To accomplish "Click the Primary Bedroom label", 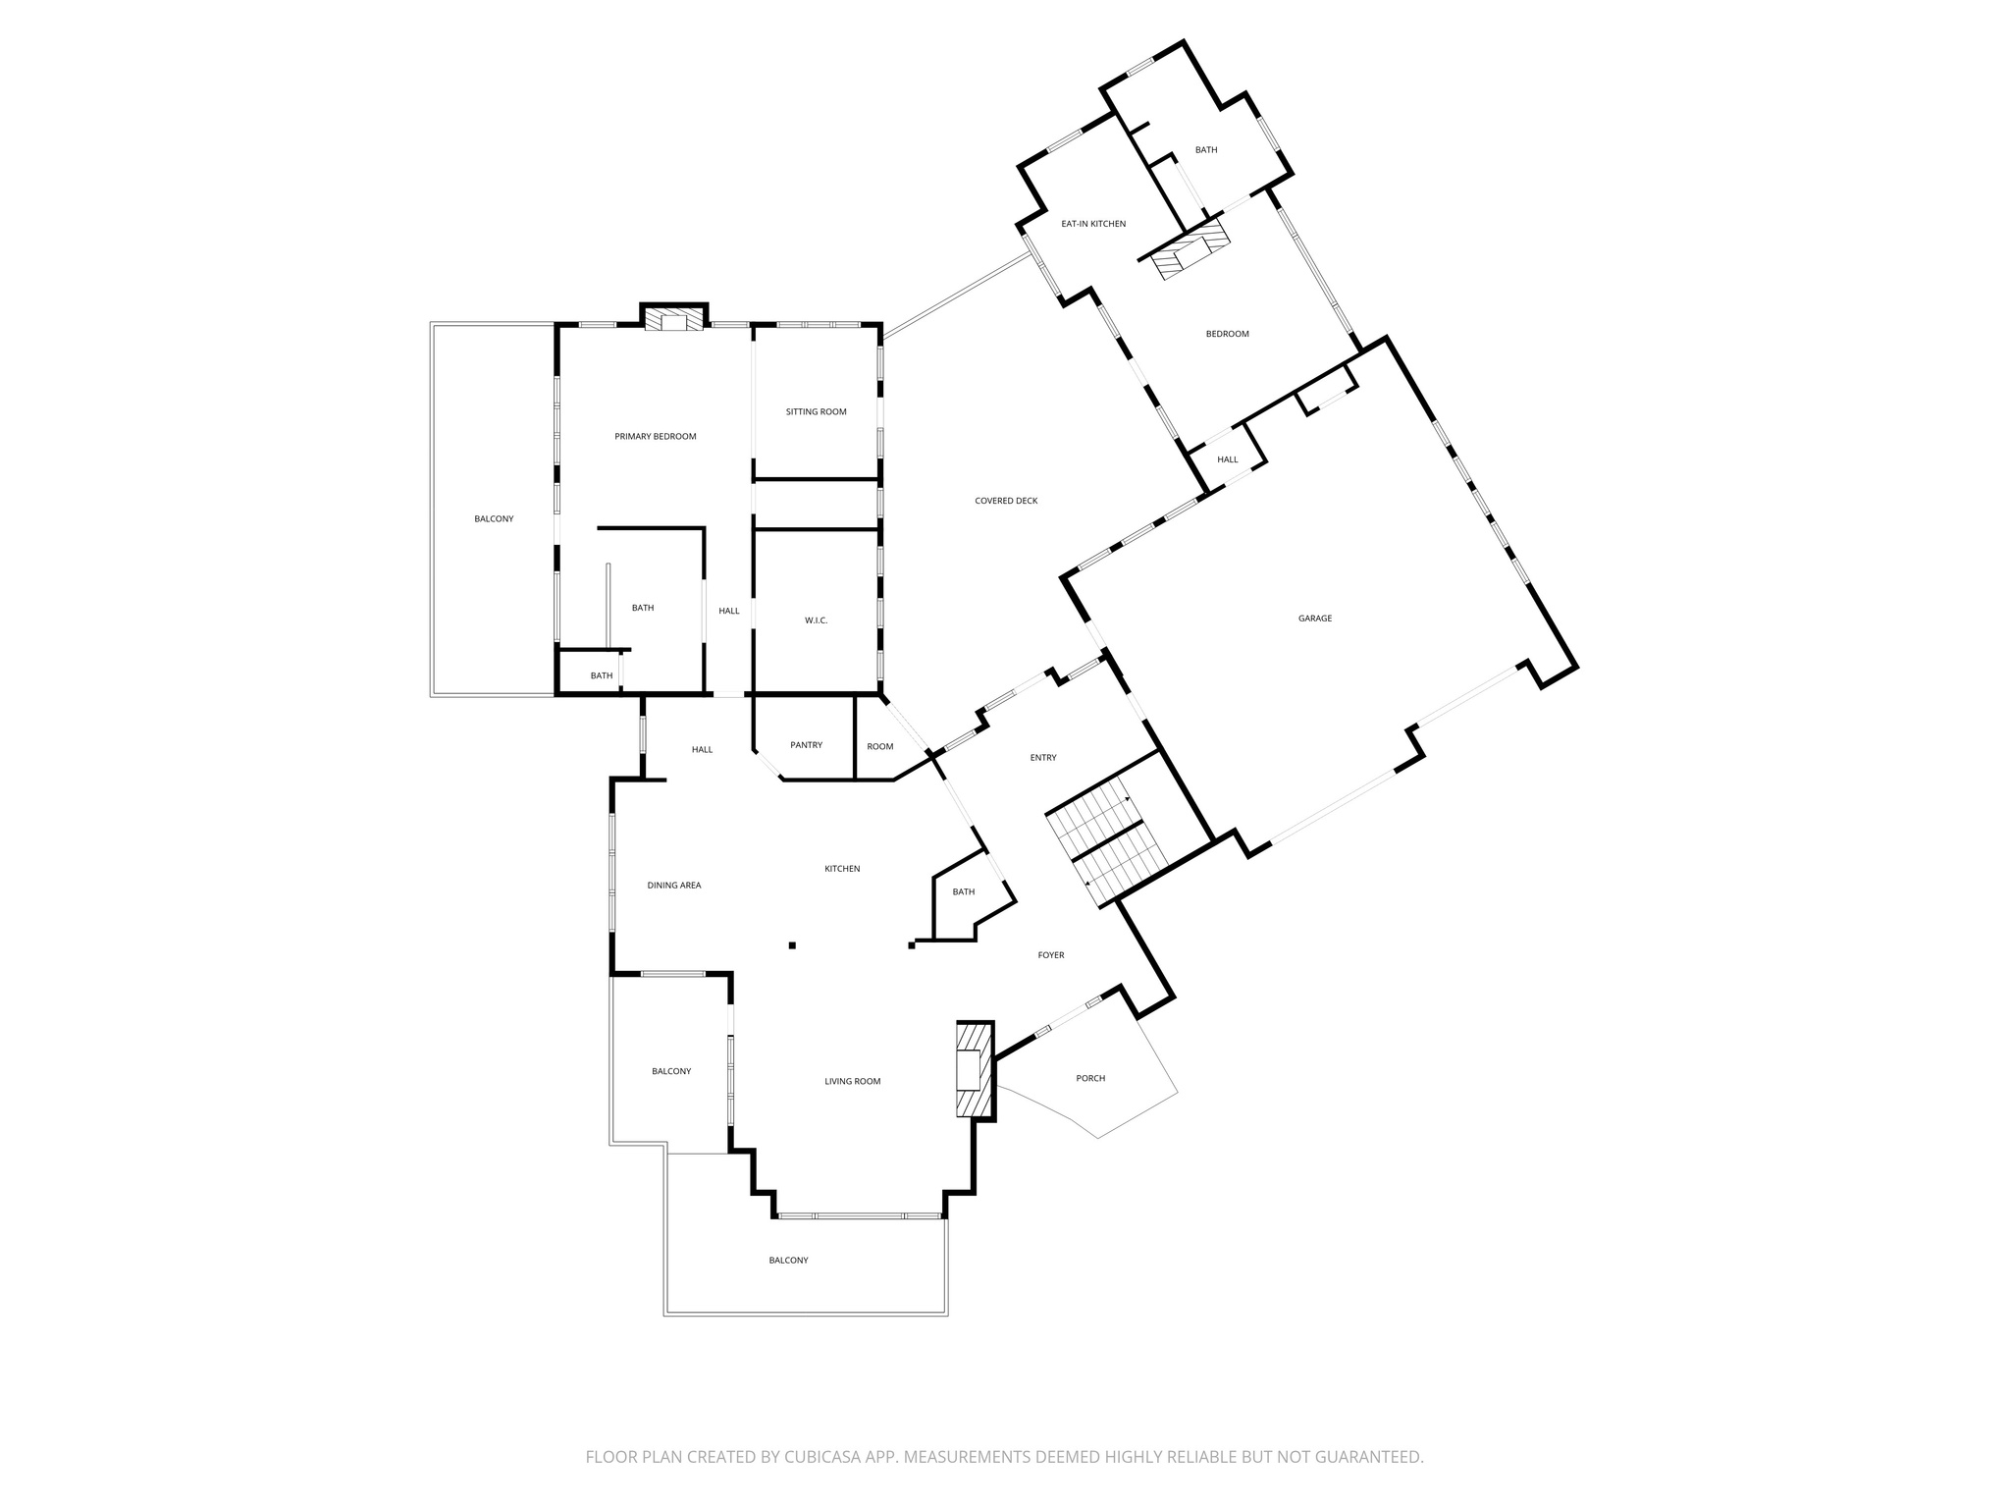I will pos(655,437).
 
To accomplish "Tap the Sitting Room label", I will pos(816,412).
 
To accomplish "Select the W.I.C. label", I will pos(816,620).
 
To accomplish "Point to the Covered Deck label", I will pos(1006,502).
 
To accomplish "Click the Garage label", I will pos(1315,619).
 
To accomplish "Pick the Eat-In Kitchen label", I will pos(1093,224).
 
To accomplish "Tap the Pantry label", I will pos(806,745).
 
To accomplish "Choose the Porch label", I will pos(1090,1078).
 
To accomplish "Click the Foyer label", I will pos(1050,955).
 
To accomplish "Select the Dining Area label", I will pos(674,886).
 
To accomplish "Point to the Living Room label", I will pos(852,1082).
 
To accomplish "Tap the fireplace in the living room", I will pos(975,1070).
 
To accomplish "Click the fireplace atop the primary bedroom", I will pos(674,319).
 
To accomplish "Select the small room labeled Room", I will pos(880,747).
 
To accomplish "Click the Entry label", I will pos(1043,758).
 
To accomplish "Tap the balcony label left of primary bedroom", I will pos(494,519).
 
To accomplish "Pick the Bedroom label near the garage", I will pos(1227,335).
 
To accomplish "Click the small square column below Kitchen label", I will pos(792,945).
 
